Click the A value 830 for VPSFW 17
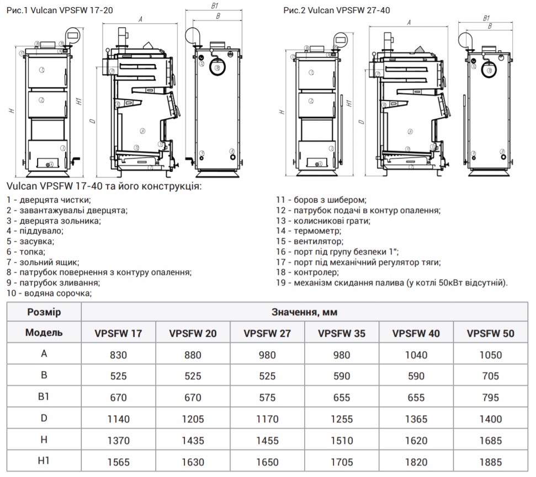coord(119,354)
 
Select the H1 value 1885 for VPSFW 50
coord(490,462)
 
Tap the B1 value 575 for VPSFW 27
coord(267,397)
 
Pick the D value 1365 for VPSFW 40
coord(416,419)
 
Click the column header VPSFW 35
coord(341,333)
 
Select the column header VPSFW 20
coord(193,333)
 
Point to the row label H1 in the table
coord(44,461)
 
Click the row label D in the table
coord(44,418)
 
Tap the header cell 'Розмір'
coord(44,312)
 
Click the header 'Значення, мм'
coord(304,312)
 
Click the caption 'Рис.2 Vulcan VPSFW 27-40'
coord(337,10)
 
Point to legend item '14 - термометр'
coord(309,231)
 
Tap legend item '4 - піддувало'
coord(39,231)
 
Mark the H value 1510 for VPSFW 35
coord(341,441)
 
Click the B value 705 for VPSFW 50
coord(490,376)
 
